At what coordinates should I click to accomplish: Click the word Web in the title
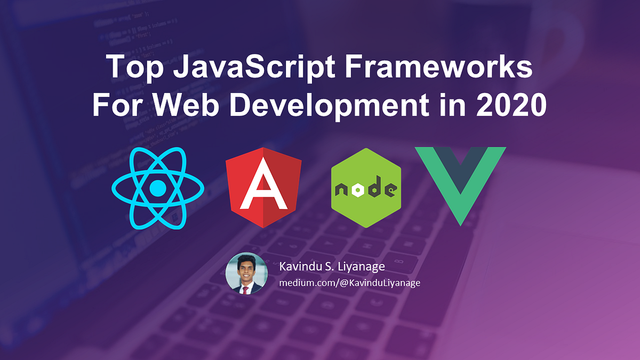tap(183, 105)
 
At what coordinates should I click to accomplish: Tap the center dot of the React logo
tap(158, 187)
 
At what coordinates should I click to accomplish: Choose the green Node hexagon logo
tap(366, 188)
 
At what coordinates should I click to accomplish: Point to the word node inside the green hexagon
tap(366, 189)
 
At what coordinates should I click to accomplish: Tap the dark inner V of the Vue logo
tap(460, 165)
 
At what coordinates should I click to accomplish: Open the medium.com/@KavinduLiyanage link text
tap(350, 283)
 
